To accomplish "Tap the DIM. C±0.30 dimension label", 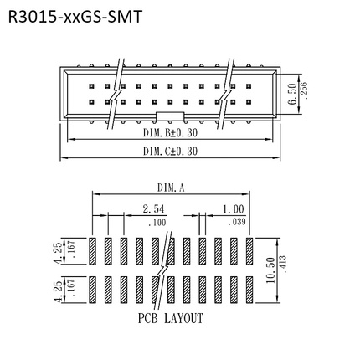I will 169,151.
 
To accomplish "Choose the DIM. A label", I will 171,188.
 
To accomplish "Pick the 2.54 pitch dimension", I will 153,208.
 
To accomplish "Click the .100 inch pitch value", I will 156,221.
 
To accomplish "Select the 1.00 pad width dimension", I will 234,208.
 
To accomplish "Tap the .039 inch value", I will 235,221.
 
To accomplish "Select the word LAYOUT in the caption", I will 183,319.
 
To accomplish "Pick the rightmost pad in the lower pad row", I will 248,290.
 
